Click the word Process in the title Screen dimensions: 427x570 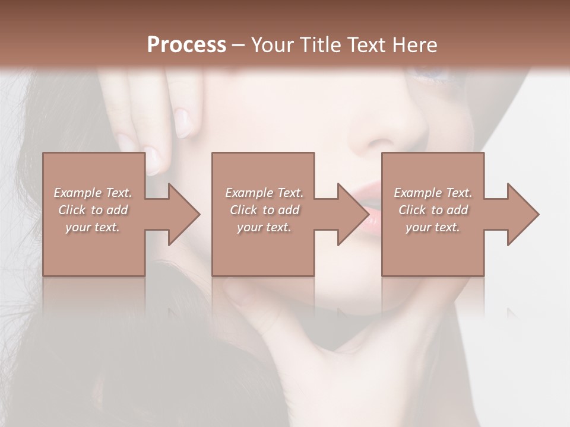186,45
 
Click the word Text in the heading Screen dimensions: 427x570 365,45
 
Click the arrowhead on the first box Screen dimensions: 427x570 180,215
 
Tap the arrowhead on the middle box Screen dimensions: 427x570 350,215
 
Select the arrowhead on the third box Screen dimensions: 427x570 520,215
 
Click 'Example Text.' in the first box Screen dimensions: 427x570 93,193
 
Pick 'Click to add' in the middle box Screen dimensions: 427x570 264,210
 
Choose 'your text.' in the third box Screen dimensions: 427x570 432,227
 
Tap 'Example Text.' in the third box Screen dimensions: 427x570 433,193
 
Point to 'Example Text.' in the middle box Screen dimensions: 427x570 264,193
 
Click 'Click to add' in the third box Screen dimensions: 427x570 433,210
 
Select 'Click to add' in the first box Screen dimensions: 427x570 93,210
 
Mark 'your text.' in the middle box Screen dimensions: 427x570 264,227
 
